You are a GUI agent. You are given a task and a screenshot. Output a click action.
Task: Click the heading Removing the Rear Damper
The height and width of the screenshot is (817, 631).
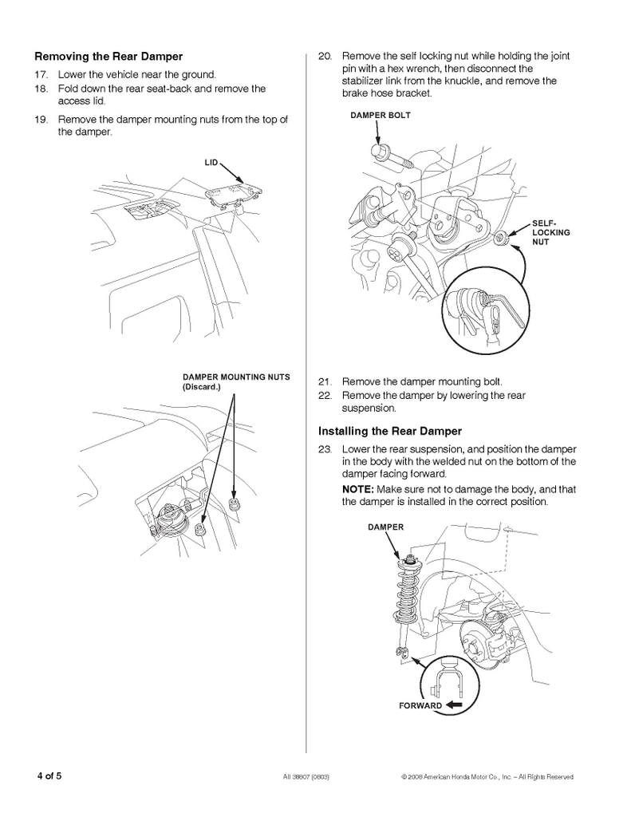tap(108, 57)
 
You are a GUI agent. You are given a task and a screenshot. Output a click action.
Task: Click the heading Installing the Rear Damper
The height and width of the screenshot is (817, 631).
tap(390, 432)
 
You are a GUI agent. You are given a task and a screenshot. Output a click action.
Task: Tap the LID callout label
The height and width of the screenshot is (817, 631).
tap(211, 163)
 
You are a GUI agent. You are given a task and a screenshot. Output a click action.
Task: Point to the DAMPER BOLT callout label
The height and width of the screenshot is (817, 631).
tap(381, 115)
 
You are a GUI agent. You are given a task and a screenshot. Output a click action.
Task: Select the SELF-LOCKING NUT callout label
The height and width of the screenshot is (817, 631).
tap(550, 232)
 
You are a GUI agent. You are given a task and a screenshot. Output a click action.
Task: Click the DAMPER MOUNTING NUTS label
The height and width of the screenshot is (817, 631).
tap(236, 377)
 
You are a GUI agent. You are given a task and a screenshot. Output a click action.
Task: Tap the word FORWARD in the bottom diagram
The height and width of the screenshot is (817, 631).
tap(420, 706)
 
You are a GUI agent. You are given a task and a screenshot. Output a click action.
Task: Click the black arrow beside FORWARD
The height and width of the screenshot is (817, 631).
tap(454, 705)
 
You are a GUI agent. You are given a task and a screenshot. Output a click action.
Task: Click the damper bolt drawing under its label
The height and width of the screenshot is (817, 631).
tap(392, 157)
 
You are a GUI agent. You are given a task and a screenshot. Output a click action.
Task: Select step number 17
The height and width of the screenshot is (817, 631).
tap(41, 74)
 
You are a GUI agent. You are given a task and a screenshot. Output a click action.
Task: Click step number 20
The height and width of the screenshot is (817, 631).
tap(325, 57)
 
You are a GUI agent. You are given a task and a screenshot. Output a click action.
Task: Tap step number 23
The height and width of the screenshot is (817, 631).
tap(325, 449)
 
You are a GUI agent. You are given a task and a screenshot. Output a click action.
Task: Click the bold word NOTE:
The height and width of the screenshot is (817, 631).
tap(358, 490)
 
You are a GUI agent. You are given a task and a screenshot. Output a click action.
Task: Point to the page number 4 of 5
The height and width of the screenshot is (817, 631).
tap(49, 776)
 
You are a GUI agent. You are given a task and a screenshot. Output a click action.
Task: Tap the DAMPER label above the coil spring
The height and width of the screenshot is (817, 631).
tap(385, 527)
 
